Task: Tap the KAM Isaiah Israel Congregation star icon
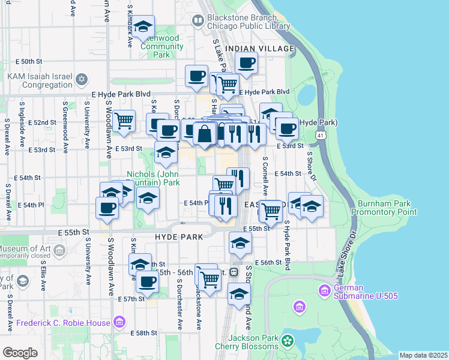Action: coord(82,79)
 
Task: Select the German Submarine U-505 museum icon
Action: coord(324,291)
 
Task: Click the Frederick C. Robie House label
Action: coord(63,323)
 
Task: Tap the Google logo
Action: coord(20,352)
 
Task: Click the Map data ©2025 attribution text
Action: coord(423,355)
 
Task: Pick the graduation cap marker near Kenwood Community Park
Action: coord(143,27)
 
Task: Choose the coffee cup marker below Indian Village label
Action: coord(246,62)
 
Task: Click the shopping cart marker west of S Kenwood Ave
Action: coord(124,120)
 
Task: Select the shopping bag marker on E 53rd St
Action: coord(205,133)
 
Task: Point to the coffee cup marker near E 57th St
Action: coord(146,280)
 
